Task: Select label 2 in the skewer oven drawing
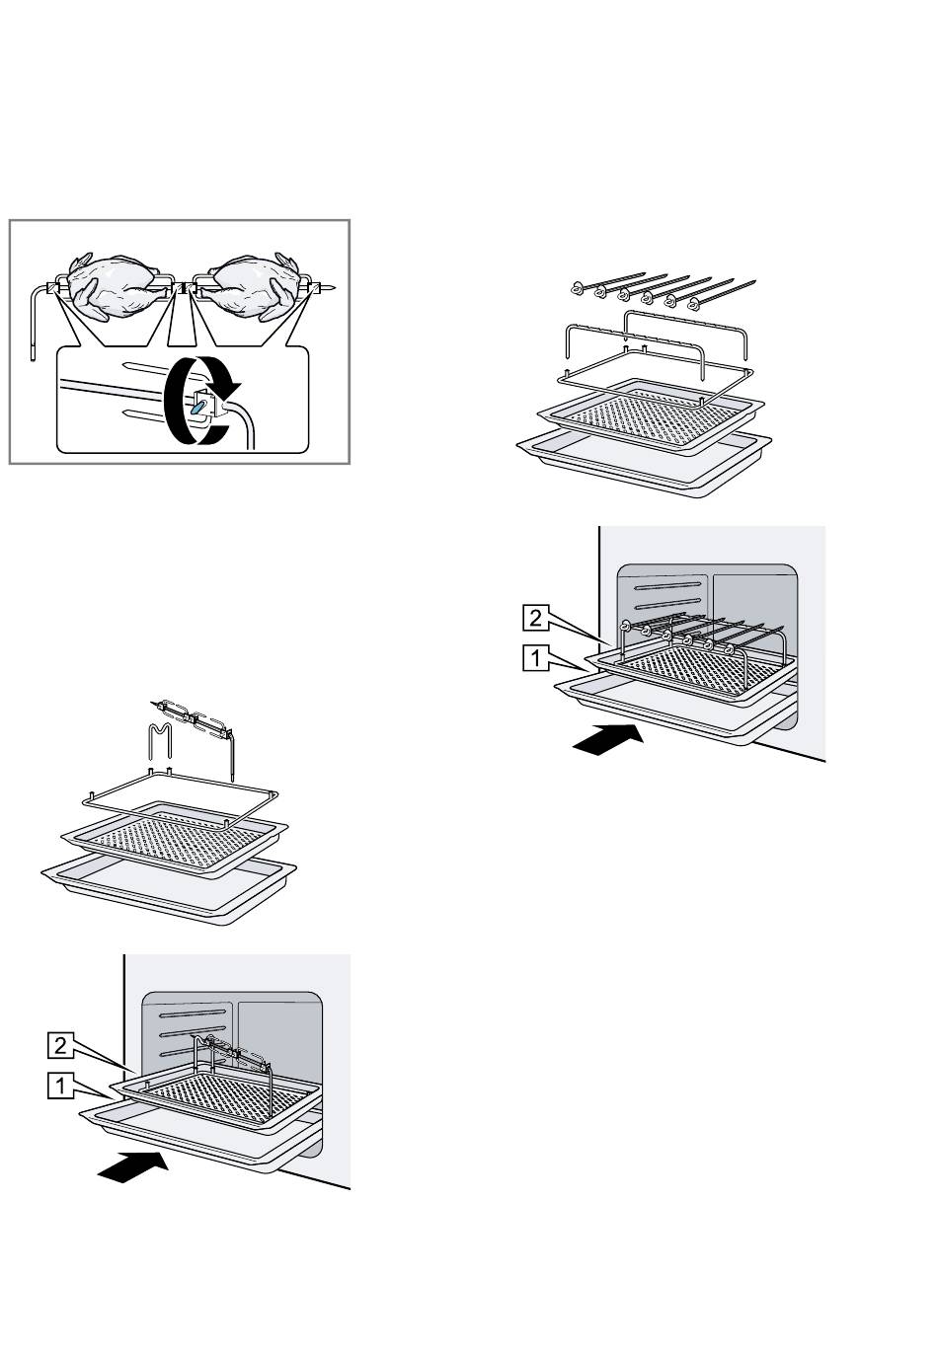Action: (x=534, y=619)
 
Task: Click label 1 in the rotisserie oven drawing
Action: (x=61, y=1087)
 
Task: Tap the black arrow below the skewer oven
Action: (x=609, y=738)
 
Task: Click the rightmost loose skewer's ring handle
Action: (x=695, y=302)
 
